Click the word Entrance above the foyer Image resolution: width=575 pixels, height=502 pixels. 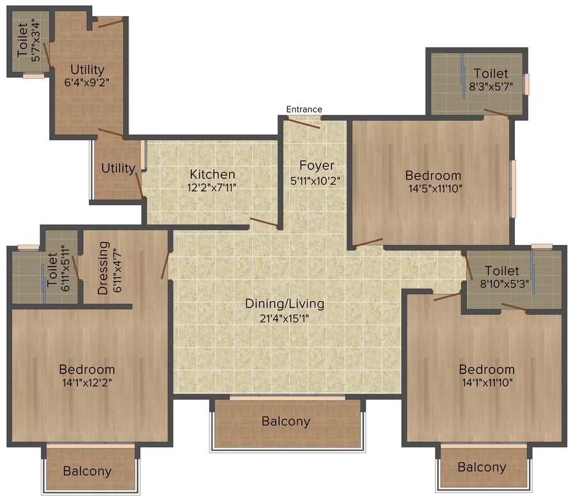[x=304, y=109]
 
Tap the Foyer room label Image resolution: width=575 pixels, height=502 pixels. [x=317, y=166]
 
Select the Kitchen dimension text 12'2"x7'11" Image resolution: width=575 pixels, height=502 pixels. [x=212, y=188]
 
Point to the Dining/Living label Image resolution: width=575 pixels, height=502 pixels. [x=285, y=304]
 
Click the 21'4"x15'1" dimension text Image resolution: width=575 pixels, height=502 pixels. [x=284, y=318]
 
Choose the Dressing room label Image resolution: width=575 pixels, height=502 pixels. [x=103, y=268]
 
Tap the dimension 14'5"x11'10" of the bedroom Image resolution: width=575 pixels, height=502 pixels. [x=436, y=189]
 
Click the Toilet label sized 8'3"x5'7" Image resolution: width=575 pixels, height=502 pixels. [x=491, y=74]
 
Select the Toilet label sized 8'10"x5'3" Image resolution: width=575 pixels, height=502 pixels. [x=501, y=271]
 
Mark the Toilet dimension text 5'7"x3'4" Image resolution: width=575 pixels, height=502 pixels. [x=36, y=40]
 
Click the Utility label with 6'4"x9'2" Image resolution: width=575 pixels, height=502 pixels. [x=87, y=69]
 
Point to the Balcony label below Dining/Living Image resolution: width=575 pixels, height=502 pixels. [x=286, y=421]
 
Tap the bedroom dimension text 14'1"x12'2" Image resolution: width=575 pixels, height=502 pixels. [x=87, y=383]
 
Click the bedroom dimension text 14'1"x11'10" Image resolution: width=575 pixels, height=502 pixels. [x=487, y=383]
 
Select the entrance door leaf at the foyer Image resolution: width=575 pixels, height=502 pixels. [x=303, y=123]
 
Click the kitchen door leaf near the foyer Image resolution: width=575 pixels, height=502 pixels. [x=264, y=221]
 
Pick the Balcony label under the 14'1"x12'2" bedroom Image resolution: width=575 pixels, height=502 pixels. [x=87, y=471]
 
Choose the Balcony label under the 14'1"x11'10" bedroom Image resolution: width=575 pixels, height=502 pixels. [x=482, y=467]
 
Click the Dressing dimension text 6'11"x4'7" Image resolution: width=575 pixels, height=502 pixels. [x=117, y=271]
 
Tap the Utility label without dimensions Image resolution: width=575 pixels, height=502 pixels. [x=118, y=168]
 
